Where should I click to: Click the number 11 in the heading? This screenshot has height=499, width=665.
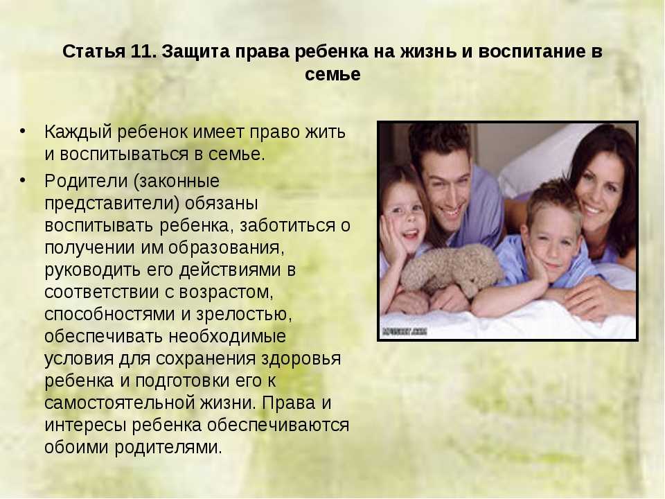click(x=141, y=51)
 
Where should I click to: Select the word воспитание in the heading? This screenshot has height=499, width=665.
click(x=530, y=51)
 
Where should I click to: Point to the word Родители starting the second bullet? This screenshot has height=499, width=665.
click(x=86, y=181)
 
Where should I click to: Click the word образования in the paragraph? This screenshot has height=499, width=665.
click(x=226, y=248)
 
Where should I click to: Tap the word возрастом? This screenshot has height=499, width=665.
click(x=226, y=292)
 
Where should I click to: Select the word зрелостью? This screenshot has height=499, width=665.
click(x=244, y=315)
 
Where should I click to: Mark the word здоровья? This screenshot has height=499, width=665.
click(x=301, y=358)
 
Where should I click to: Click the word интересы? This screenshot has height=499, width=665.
click(x=85, y=426)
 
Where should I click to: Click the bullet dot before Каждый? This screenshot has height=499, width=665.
click(x=22, y=131)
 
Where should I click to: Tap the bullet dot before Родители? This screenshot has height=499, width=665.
click(x=22, y=180)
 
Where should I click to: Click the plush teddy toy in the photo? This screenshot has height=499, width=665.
click(x=452, y=270)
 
